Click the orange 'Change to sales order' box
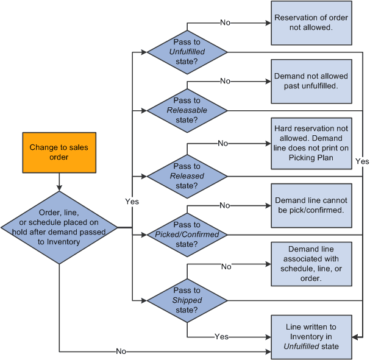pos(59,152)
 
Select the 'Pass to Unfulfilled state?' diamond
pos(187,52)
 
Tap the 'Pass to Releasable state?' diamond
pos(187,110)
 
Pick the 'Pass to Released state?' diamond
pos(187,176)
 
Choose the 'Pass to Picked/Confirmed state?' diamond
pos(187,235)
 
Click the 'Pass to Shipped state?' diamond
pos(187,300)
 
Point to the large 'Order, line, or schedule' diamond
pos(59,227)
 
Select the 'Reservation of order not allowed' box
pos(311,23)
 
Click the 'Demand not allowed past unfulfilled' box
pos(311,81)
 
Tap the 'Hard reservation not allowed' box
pos(311,143)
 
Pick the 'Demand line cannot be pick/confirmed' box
pos(311,205)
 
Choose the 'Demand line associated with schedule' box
pos(311,264)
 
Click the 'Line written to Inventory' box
pos(311,337)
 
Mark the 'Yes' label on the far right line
pos(362,162)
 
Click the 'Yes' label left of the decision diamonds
pos(132,201)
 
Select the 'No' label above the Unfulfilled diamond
pos(225,23)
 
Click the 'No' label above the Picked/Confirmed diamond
pos(225,205)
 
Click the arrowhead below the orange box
pos(59,188)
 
